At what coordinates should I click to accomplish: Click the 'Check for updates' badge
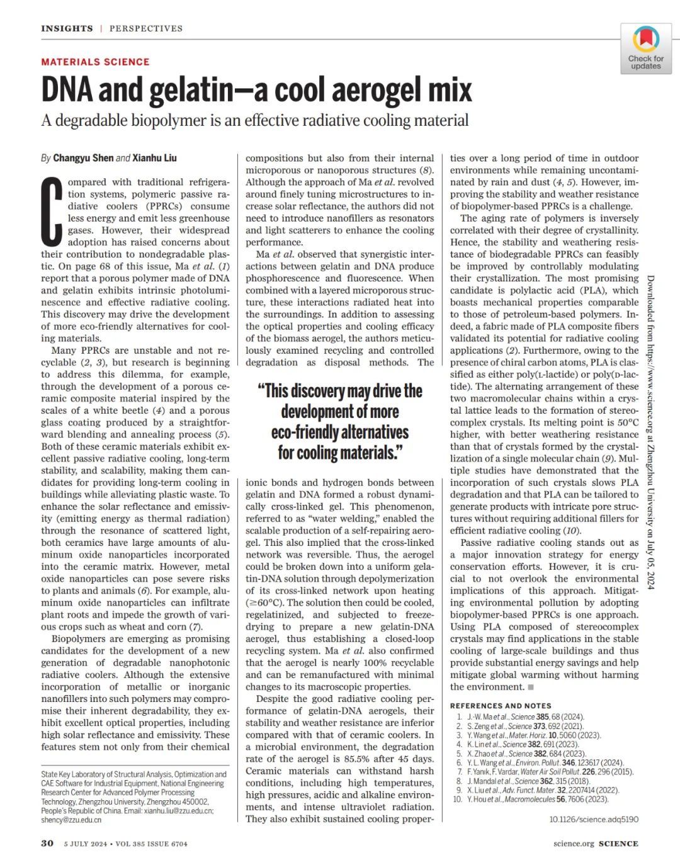(x=645, y=49)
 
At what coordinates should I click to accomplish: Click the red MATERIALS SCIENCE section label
(x=95, y=62)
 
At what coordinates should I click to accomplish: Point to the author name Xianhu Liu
(x=154, y=158)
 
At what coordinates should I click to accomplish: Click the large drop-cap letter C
(x=53, y=211)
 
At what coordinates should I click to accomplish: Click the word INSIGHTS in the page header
(x=67, y=28)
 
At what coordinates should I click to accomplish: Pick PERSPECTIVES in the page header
(x=146, y=28)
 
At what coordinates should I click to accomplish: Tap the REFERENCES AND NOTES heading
(x=501, y=706)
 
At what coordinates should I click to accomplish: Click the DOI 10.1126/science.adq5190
(x=593, y=819)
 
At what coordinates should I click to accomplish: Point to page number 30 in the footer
(x=47, y=844)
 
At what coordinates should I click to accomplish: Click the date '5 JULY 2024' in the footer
(x=86, y=844)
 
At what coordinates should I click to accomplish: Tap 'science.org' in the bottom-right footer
(x=574, y=844)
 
